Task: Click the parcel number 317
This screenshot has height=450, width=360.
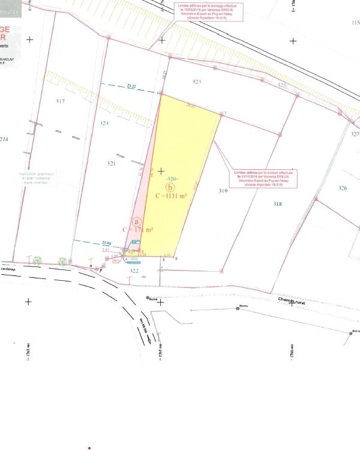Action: [x=60, y=101]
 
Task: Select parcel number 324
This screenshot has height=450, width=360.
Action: [x=104, y=124]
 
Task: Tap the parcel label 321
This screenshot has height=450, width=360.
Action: [x=111, y=163]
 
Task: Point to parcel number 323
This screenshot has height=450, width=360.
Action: [x=197, y=81]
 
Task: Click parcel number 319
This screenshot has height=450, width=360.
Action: [x=223, y=191]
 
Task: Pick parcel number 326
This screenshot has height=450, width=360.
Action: [x=343, y=188]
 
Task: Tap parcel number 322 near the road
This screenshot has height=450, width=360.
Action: [x=134, y=271]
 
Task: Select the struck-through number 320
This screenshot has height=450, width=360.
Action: [x=172, y=179]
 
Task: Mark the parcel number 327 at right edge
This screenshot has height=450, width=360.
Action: [x=355, y=134]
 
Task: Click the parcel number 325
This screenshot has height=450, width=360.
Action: [x=283, y=86]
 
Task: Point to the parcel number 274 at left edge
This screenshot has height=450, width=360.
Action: [x=4, y=140]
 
